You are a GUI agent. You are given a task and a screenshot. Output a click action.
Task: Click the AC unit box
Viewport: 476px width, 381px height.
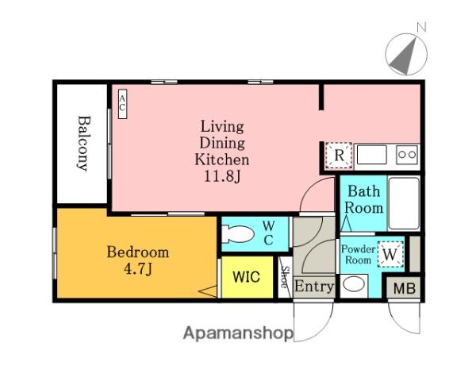point(122,104)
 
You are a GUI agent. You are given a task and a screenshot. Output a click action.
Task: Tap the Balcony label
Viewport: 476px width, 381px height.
point(84,143)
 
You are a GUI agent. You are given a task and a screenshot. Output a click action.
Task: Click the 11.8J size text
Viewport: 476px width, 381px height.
point(222,176)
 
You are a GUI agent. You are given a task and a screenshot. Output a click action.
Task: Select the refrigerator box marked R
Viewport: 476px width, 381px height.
point(339,156)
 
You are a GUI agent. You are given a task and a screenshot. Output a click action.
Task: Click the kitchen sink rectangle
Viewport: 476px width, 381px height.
point(372,154)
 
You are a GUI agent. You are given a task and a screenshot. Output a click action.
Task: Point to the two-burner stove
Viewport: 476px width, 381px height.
point(407,154)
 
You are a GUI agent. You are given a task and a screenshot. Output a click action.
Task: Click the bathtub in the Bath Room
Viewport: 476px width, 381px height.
point(404,203)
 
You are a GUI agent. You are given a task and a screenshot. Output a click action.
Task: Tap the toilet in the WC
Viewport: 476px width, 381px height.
point(237,234)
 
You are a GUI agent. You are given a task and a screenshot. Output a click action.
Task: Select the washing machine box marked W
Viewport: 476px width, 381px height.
point(390,254)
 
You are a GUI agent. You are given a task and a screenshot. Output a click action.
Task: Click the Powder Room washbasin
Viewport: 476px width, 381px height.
point(354,285)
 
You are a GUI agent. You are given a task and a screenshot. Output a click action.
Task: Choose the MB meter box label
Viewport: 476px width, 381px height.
point(405,288)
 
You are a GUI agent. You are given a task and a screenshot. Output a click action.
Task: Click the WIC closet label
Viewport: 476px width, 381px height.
point(246,277)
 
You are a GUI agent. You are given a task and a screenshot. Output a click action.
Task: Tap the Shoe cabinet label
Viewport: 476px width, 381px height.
point(285,277)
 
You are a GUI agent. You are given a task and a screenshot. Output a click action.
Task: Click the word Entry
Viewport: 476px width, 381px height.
point(314,287)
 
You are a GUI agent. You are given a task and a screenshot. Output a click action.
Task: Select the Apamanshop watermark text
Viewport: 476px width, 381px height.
point(238,333)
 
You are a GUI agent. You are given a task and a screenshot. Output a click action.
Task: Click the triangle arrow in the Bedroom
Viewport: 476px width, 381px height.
point(208,291)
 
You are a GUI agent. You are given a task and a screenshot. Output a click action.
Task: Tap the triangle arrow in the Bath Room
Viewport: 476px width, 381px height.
point(346,223)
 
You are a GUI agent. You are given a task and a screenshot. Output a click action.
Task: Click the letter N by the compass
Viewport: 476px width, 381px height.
point(422,27)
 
